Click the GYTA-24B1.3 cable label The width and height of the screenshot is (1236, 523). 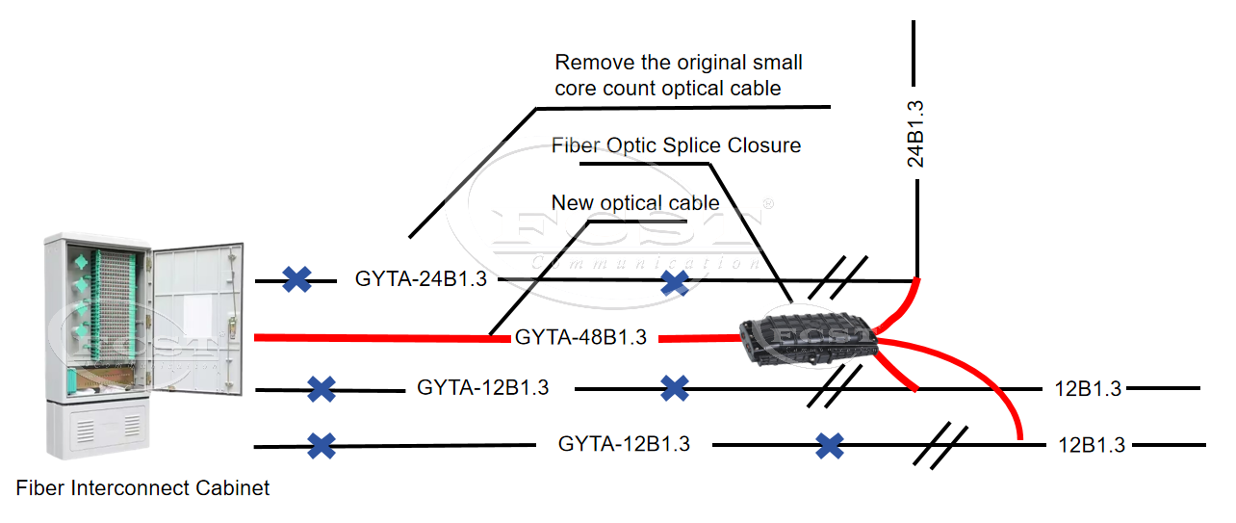tap(421, 279)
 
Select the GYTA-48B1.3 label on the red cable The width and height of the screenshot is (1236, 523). tap(580, 337)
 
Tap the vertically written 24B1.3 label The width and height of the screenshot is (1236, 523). tap(916, 134)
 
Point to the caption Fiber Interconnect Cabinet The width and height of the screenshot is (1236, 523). tap(142, 488)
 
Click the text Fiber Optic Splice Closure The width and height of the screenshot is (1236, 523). tap(676, 145)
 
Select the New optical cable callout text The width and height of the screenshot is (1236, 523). tap(634, 203)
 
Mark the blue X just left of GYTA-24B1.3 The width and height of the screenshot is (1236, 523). tap(296, 279)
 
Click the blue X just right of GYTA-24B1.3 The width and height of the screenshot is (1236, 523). tap(675, 282)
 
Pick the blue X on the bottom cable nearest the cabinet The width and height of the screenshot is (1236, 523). tap(322, 445)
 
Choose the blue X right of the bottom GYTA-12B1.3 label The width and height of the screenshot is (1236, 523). tap(830, 445)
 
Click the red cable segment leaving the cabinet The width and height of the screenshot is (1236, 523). tap(375, 338)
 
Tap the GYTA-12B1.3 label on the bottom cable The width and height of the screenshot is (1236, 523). tap(624, 444)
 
